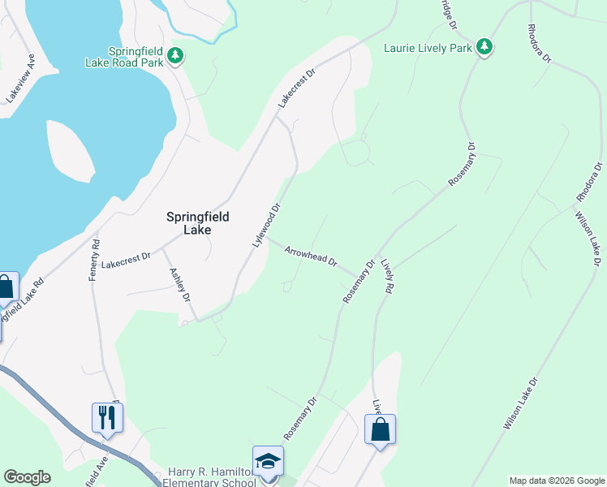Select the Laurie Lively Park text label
tap(428, 47)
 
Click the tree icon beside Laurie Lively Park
tap(484, 46)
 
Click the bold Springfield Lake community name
tap(198, 223)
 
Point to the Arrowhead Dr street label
tap(311, 256)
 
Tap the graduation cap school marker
tap(269, 462)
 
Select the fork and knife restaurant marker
tap(107, 418)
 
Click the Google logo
tap(27, 477)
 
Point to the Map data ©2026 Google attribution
tap(557, 481)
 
